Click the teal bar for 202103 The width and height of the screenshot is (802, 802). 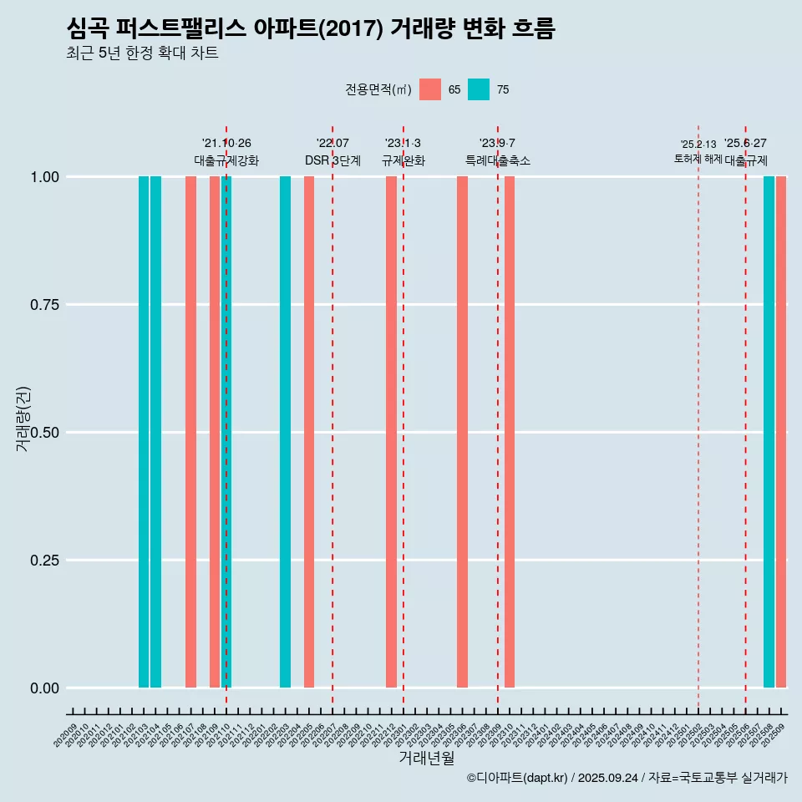pyautogui.click(x=144, y=432)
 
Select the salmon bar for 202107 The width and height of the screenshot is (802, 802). pyautogui.click(x=190, y=432)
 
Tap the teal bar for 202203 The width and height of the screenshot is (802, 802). pyautogui.click(x=285, y=432)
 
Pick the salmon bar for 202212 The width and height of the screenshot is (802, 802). pyautogui.click(x=391, y=432)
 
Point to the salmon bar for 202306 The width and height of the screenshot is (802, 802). pyautogui.click(x=462, y=432)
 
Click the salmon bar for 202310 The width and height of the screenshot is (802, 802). pyautogui.click(x=510, y=432)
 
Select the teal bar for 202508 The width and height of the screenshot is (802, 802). pyautogui.click(x=769, y=432)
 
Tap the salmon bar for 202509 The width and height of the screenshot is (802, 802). pyautogui.click(x=781, y=432)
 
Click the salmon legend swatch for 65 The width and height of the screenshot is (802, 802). pyautogui.click(x=430, y=89)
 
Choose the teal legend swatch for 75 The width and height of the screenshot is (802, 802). pyautogui.click(x=479, y=89)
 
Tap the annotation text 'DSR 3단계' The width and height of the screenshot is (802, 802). pyautogui.click(x=332, y=160)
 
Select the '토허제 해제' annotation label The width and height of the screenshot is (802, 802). pyautogui.click(x=698, y=159)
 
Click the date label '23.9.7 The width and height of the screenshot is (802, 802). pyautogui.click(x=497, y=143)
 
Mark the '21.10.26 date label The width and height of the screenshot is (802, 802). pyautogui.click(x=226, y=143)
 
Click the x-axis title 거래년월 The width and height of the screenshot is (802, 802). pyautogui.click(x=426, y=759)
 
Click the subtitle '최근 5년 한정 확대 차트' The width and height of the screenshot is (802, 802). pyautogui.click(x=142, y=53)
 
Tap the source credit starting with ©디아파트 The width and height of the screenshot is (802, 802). pyautogui.click(x=627, y=779)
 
